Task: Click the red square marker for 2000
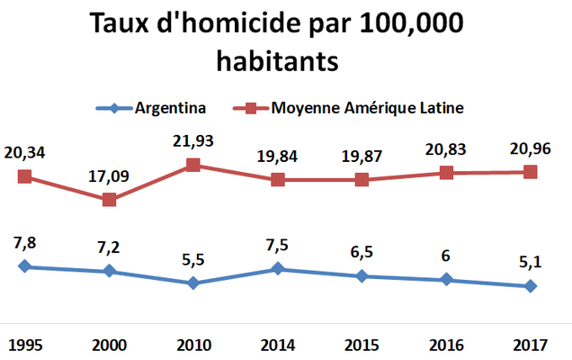(109, 200)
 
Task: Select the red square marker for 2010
(193, 165)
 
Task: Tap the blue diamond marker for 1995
(25, 266)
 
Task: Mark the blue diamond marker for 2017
(531, 286)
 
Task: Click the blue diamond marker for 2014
(278, 268)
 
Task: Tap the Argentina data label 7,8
(25, 244)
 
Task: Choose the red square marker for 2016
(446, 173)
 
